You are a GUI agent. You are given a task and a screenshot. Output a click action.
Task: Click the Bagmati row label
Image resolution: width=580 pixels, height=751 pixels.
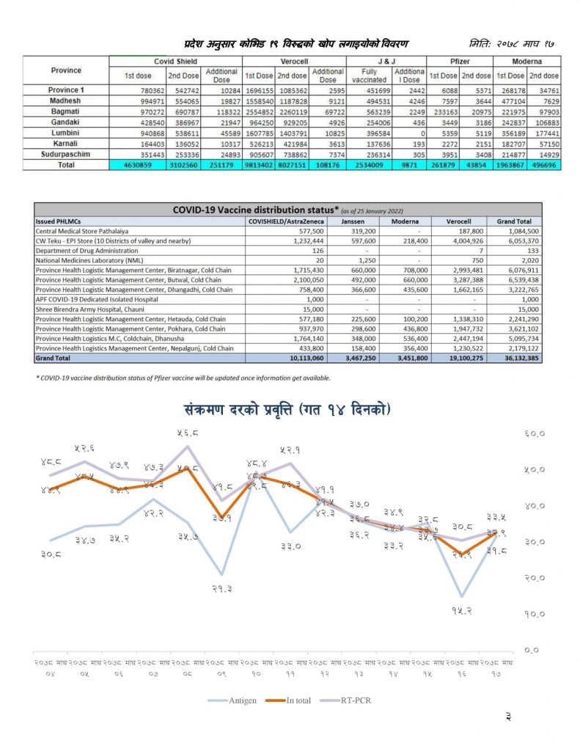coord(65,110)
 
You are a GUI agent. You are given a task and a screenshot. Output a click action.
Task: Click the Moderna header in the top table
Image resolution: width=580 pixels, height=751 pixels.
coord(527,62)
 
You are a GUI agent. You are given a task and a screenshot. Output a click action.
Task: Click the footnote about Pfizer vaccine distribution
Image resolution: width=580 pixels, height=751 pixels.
coord(183,378)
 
